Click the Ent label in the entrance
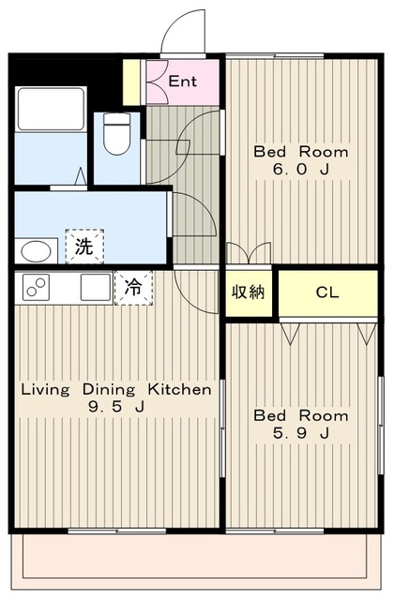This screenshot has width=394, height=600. (183, 82)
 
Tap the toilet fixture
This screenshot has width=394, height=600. (117, 133)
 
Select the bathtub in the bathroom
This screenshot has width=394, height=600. (51, 109)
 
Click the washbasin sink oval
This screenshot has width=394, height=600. (37, 252)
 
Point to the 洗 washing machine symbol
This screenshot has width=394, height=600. (84, 247)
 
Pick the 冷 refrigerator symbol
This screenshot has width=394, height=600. (133, 288)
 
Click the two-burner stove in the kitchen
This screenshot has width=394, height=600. (37, 287)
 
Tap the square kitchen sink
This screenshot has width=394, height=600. (96, 287)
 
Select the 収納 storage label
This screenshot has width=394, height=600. (249, 292)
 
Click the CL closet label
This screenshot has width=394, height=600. (327, 292)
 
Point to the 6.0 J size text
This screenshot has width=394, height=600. (301, 169)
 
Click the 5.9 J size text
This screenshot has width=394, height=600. (301, 433)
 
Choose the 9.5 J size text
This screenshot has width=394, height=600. (116, 406)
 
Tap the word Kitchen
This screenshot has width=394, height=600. (180, 390)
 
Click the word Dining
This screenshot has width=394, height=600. (109, 390)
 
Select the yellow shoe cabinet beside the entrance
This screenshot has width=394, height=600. (131, 82)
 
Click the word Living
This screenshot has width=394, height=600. (45, 390)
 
